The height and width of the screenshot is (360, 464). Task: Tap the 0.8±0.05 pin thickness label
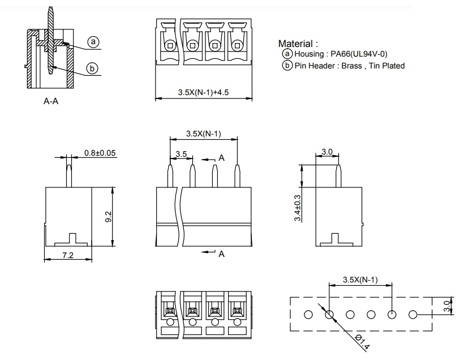(x=101, y=153)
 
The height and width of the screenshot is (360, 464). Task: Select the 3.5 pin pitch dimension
(x=181, y=154)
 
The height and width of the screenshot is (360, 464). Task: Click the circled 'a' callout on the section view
(x=93, y=42)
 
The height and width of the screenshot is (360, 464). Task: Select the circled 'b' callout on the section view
(x=92, y=69)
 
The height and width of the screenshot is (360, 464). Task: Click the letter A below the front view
(x=222, y=254)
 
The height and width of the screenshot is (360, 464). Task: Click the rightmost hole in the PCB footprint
(x=413, y=314)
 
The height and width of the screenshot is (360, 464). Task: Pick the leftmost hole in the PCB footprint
(x=308, y=314)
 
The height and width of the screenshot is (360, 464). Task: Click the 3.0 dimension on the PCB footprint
(x=446, y=307)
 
